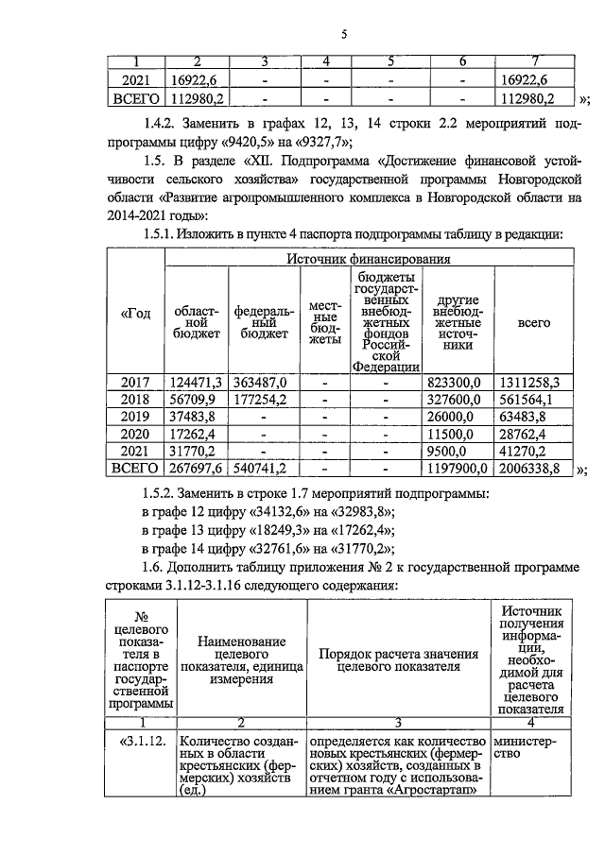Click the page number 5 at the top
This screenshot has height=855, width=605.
click(x=344, y=34)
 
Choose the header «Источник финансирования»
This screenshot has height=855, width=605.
click(x=368, y=258)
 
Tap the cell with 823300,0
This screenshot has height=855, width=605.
click(x=458, y=382)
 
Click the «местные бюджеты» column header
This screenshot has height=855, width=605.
click(x=324, y=321)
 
